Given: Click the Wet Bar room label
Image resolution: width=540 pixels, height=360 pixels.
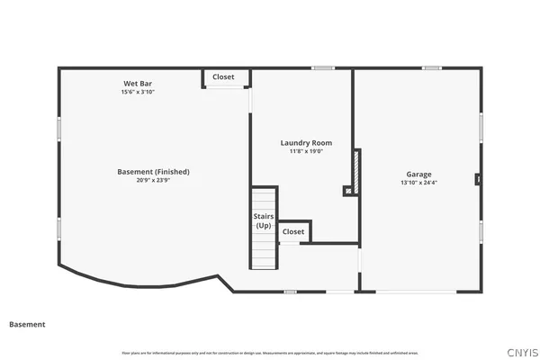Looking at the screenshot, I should pos(138,84).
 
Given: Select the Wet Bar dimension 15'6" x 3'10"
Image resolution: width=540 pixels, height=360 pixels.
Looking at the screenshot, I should pos(138,92).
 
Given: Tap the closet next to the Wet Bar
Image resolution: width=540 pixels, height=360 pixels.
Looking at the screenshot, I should pos(223,77).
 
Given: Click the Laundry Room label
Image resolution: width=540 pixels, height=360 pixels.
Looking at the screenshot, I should pos(306,143).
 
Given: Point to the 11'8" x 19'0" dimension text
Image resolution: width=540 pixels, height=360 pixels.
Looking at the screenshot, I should pos(306,151).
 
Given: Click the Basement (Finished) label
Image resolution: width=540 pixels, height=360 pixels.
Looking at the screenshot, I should pos(153,172).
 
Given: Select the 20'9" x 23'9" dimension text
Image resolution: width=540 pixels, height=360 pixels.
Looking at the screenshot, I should pos(153,180).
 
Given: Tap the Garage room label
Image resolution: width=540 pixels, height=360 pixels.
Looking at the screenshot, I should pos(418,175).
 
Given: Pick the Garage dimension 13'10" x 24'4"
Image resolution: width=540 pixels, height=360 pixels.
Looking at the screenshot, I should pos(418,183).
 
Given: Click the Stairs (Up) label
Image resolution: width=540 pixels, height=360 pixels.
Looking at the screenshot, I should pos(263,221).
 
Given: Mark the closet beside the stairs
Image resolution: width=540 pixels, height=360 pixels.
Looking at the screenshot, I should pos(293,232).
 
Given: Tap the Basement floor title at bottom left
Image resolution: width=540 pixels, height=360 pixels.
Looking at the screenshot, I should pos(27,324).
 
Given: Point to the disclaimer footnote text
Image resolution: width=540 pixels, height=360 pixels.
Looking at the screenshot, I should pos(270,352).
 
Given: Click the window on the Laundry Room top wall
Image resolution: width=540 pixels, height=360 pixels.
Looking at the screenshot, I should pos(323,68).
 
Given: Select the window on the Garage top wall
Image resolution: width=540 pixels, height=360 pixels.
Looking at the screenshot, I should pos(433,68).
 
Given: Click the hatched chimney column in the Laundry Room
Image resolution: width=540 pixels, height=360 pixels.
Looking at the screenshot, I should pos(357,171).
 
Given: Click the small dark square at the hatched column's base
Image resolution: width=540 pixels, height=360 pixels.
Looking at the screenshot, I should pos(347,191).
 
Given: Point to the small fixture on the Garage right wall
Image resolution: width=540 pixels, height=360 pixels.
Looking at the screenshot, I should pos(479,179).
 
